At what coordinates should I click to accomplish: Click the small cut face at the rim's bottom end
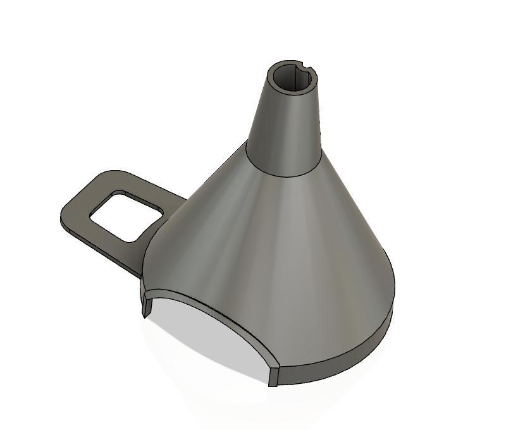[x=273, y=376]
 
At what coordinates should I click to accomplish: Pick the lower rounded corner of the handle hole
[x=134, y=239]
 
